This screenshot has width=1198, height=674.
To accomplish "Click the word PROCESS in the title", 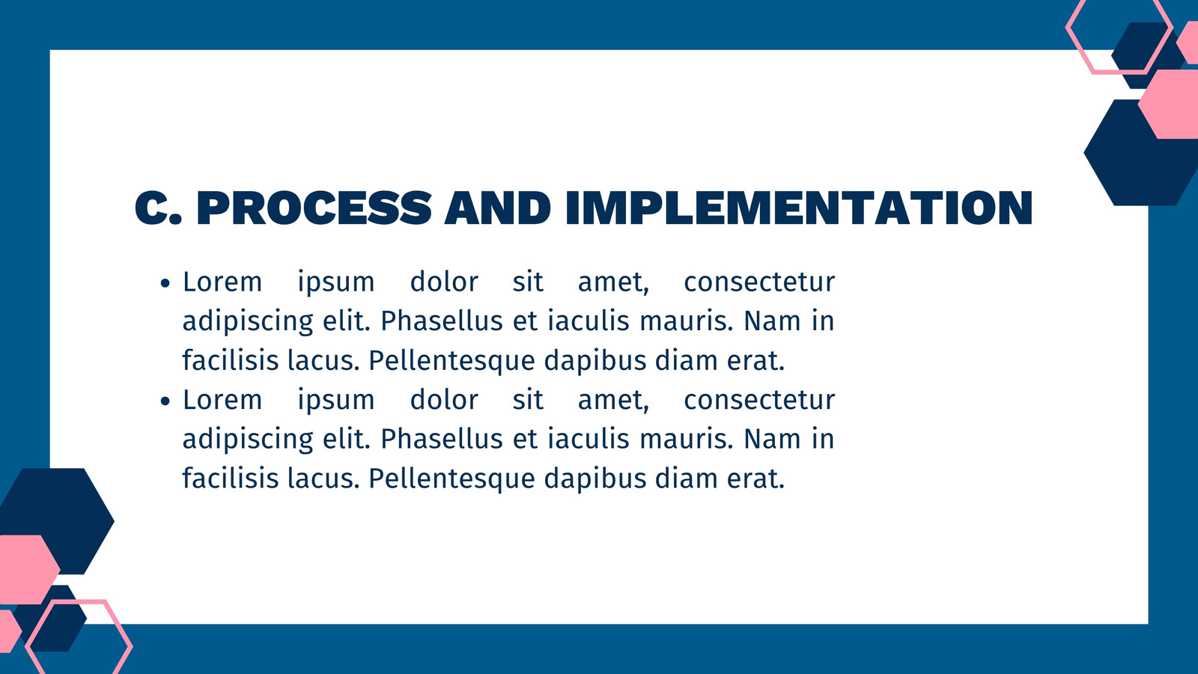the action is (x=314, y=207).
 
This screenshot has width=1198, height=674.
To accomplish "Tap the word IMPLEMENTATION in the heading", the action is (x=799, y=207).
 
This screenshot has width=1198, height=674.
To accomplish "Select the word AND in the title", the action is (x=498, y=207).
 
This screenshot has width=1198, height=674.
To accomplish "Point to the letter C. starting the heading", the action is (x=158, y=207).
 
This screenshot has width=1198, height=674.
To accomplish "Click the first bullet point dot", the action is (x=165, y=283).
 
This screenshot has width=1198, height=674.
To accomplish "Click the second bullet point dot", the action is (x=165, y=401).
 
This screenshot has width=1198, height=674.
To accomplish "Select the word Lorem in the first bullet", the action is (x=222, y=282).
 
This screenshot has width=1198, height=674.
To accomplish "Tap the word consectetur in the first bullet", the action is (x=759, y=282).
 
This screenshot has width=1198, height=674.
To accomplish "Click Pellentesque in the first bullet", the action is (x=452, y=361).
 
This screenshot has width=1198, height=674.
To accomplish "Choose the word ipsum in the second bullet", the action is (x=336, y=401).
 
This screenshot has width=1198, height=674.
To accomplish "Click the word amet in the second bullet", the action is (x=613, y=401).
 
